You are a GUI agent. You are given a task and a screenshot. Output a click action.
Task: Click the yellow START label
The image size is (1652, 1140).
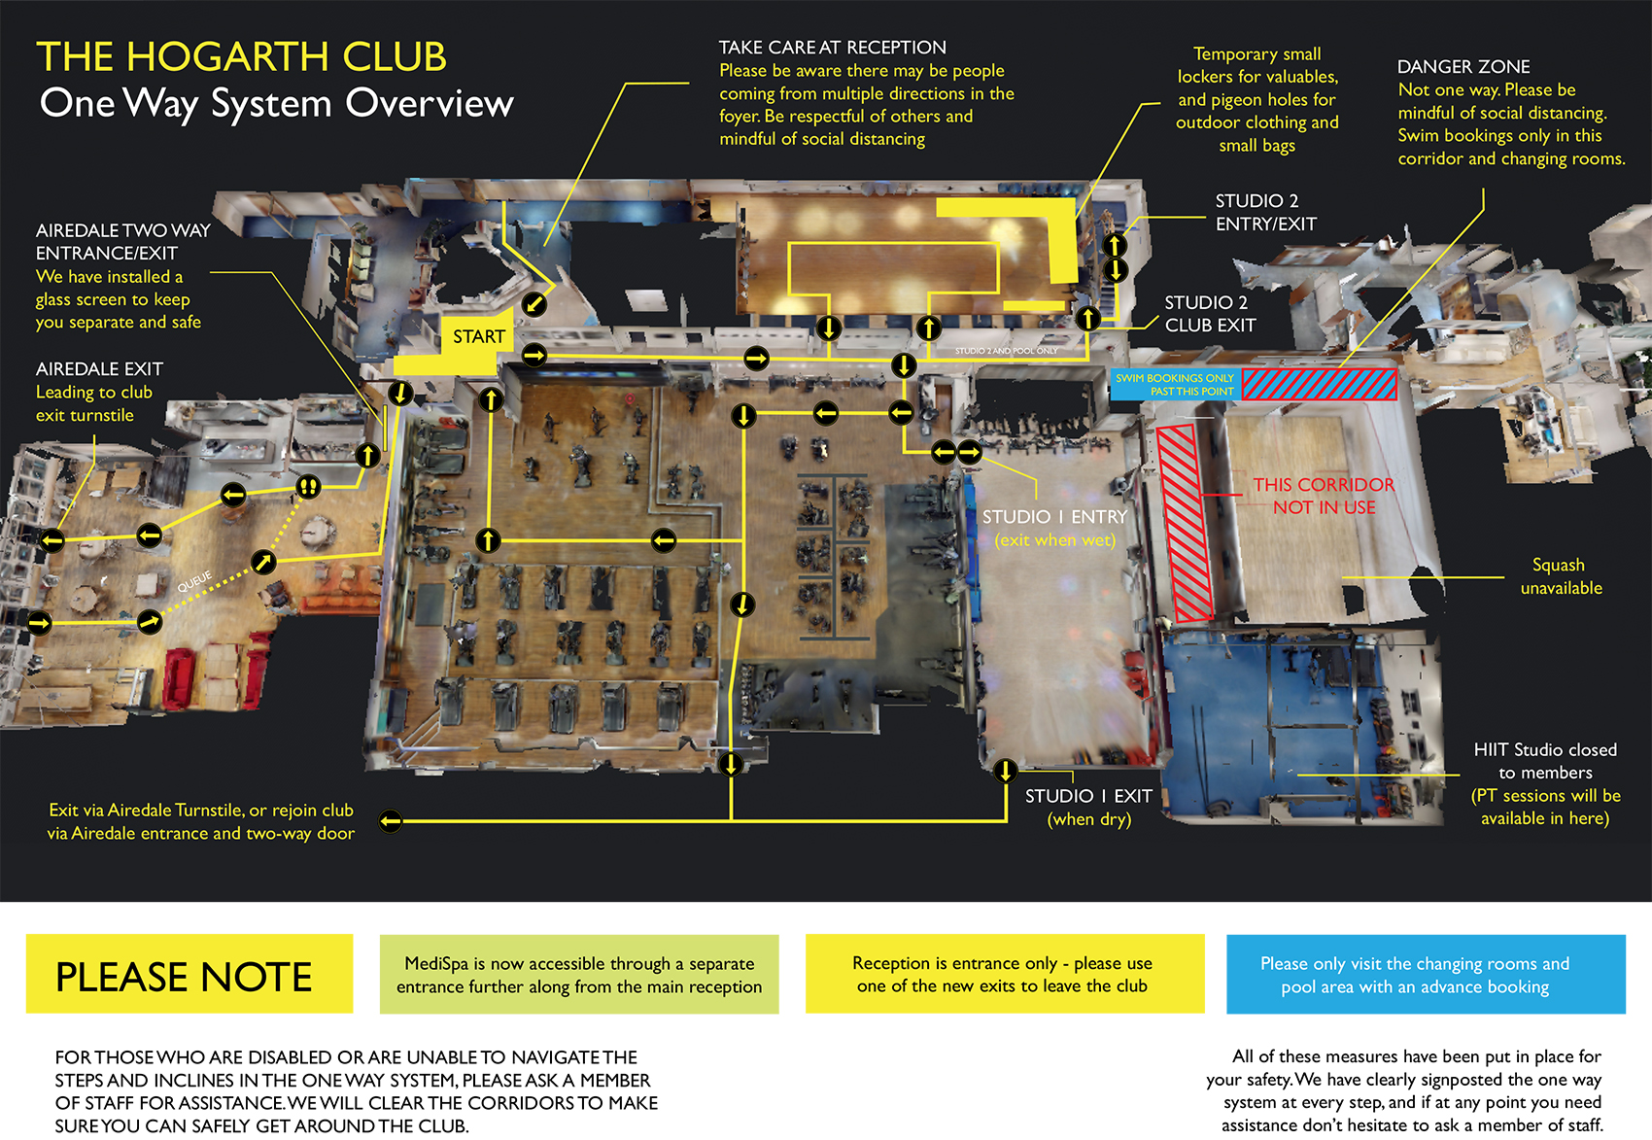478,337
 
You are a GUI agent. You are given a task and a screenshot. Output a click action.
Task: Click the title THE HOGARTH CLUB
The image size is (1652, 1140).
241,57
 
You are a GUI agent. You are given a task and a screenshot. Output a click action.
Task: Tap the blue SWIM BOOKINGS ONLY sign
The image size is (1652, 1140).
1175,385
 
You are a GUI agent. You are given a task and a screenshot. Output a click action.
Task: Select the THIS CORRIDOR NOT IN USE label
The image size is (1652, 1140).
1324,496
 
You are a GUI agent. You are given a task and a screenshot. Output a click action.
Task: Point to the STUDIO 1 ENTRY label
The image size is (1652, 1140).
1054,517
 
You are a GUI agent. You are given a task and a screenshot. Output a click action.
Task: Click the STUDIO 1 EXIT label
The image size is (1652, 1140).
1088,796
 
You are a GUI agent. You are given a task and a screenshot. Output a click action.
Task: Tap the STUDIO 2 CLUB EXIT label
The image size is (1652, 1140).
1210,314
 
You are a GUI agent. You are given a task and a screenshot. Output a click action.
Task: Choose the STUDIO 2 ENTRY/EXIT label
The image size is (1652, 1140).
1265,212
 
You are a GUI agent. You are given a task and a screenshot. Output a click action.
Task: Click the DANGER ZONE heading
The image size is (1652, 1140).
1463,67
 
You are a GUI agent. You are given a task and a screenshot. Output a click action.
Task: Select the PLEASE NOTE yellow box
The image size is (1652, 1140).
189,974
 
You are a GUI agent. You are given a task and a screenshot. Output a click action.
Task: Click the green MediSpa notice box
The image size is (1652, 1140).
579,974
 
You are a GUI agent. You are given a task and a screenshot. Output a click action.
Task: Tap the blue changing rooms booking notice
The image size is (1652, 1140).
1425,974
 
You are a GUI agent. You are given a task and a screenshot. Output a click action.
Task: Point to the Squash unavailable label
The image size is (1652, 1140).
1561,576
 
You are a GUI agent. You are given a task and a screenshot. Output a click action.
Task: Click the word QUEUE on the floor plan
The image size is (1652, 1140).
194,581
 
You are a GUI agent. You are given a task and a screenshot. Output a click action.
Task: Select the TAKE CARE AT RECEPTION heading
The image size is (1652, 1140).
832,48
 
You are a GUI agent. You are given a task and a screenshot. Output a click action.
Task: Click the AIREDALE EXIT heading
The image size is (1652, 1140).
99,369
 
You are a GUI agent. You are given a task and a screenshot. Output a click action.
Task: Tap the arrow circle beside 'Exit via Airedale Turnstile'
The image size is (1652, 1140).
391,821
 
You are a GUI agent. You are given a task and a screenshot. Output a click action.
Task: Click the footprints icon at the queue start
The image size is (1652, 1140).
308,486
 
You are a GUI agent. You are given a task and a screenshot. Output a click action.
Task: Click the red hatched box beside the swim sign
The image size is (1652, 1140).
1319,385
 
